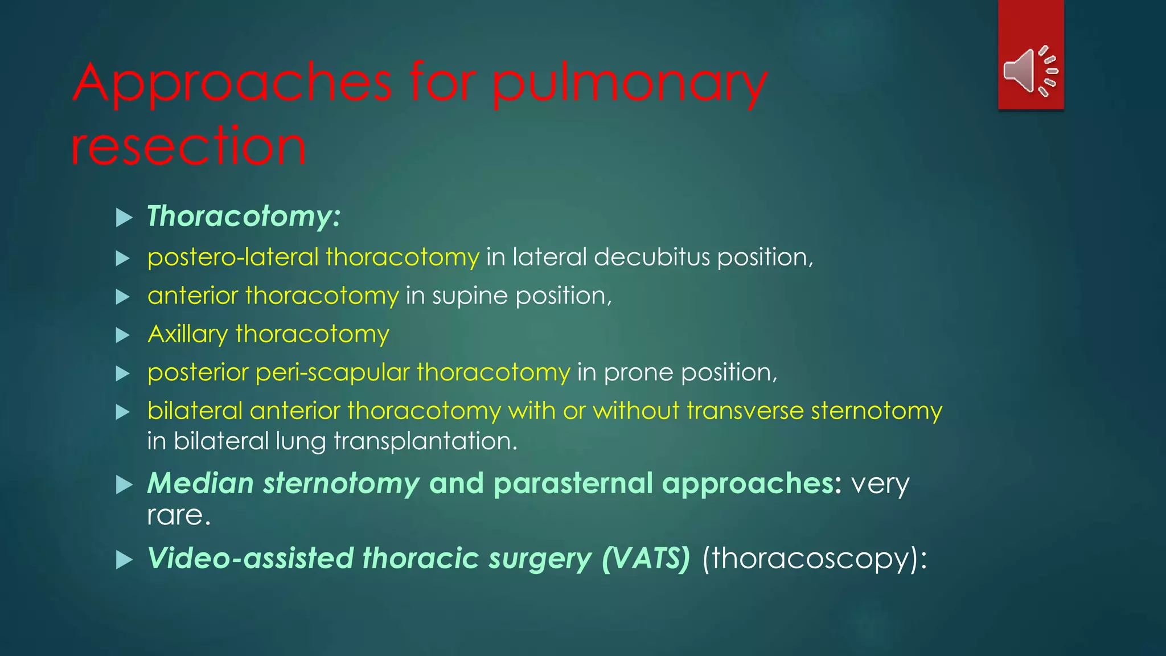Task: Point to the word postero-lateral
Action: [233, 257]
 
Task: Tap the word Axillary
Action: [188, 334]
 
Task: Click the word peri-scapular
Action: [332, 372]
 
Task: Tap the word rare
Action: [178, 515]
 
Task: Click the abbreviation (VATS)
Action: [646, 558]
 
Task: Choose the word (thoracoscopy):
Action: [815, 558]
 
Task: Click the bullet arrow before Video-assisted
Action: [124, 560]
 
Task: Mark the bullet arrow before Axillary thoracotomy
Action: [123, 335]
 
